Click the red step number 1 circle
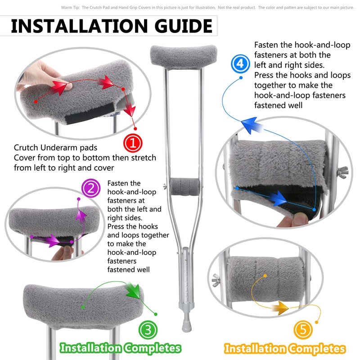tap(133, 143)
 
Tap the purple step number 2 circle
tap(91, 188)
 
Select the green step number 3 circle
tap(148, 330)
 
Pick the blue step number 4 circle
tap(240, 63)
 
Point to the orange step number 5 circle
tap(303, 330)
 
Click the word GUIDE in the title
tap(183, 26)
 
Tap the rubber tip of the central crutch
tap(187, 325)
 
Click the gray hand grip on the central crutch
tap(185, 187)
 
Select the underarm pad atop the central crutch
tap(184, 57)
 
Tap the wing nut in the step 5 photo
tap(216, 280)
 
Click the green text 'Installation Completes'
tap(120, 348)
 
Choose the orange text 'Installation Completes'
tap(285, 349)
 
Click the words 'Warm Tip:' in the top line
tap(70, 8)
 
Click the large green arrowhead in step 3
tap(133, 290)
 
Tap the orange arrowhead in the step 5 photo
tap(281, 308)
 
